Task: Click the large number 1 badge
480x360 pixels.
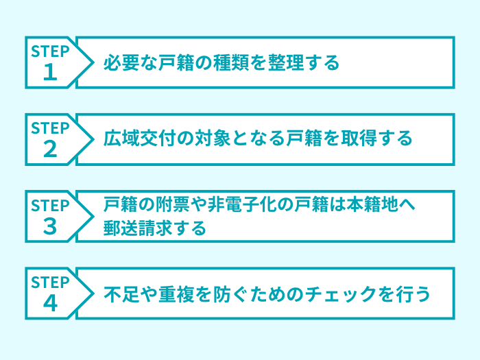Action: pyautogui.click(x=50, y=73)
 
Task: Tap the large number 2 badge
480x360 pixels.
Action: pyautogui.click(x=50, y=149)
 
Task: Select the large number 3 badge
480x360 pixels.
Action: pyautogui.click(x=50, y=226)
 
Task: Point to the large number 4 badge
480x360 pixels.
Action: pyautogui.click(x=50, y=303)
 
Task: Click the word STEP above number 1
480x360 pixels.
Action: pyautogui.click(x=51, y=51)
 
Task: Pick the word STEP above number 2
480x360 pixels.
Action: pyautogui.click(x=51, y=128)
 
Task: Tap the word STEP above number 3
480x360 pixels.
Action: pyautogui.click(x=51, y=205)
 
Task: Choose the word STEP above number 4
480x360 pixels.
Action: pyautogui.click(x=51, y=282)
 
